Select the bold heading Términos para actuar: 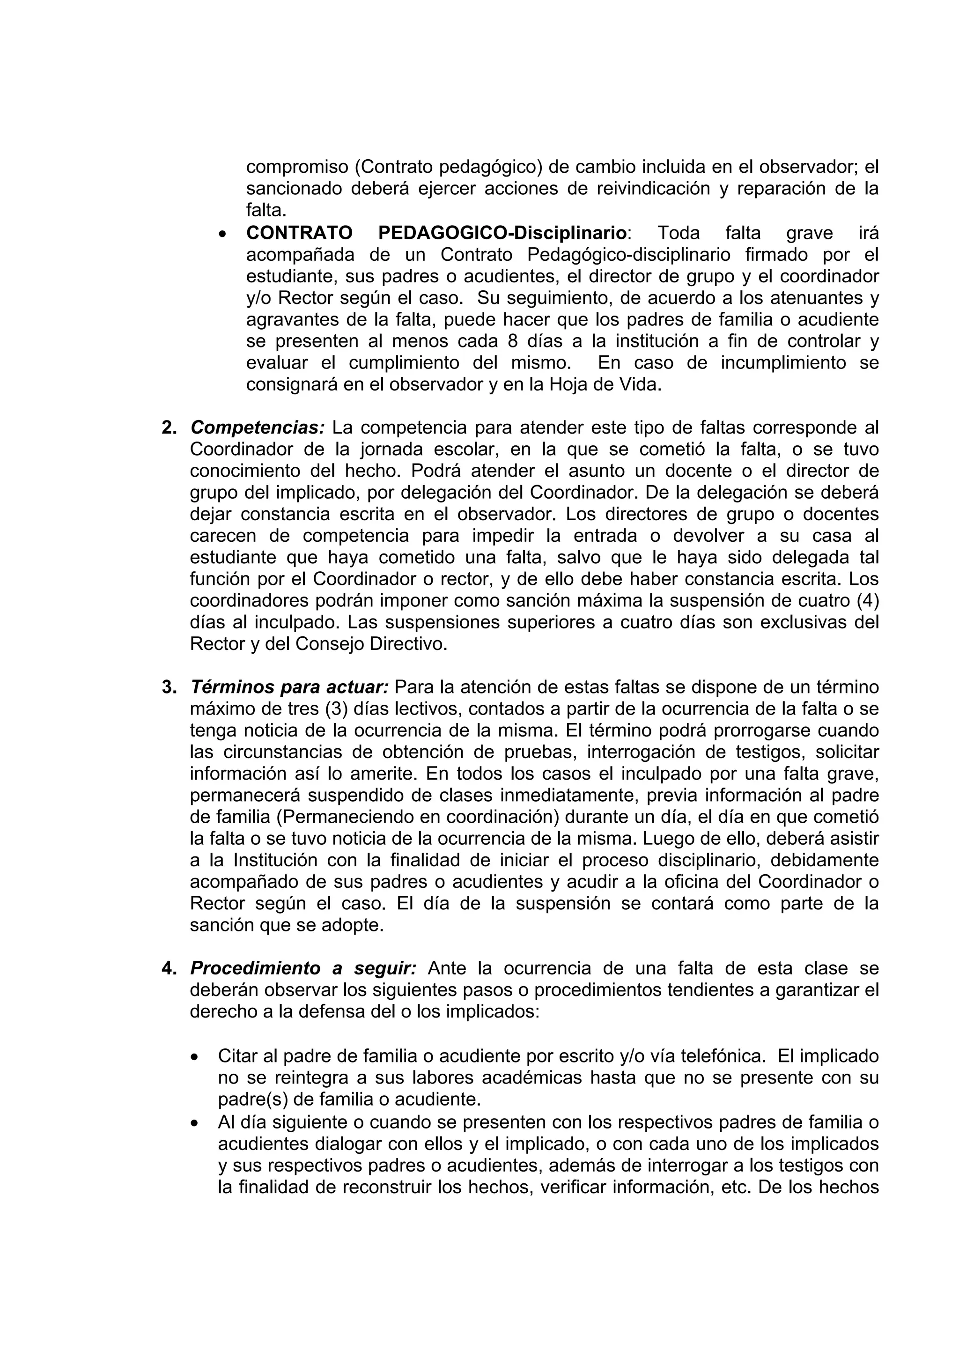click(289, 687)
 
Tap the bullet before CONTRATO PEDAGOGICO click(222, 235)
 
